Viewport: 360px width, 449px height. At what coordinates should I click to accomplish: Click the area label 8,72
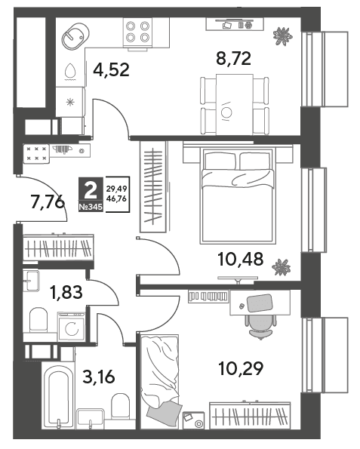(234, 59)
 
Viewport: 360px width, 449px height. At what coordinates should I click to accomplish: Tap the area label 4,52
(112, 70)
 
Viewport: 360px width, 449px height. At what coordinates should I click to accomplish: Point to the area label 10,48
(241, 259)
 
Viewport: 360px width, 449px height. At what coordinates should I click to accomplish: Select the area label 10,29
(241, 368)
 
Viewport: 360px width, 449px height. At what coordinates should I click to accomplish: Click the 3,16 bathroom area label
(99, 377)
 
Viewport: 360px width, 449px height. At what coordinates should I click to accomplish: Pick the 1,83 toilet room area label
(66, 292)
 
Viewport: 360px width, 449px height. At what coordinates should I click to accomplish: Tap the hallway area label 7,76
(48, 203)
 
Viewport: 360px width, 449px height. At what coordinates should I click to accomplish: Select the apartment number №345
(91, 207)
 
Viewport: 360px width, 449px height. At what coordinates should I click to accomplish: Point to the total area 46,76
(116, 198)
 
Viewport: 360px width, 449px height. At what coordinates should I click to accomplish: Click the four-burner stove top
(137, 32)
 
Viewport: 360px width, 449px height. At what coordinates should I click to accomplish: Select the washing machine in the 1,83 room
(71, 327)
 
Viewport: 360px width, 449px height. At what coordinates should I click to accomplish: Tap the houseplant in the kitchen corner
(283, 36)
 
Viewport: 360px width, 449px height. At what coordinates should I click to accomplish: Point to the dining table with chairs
(235, 105)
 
